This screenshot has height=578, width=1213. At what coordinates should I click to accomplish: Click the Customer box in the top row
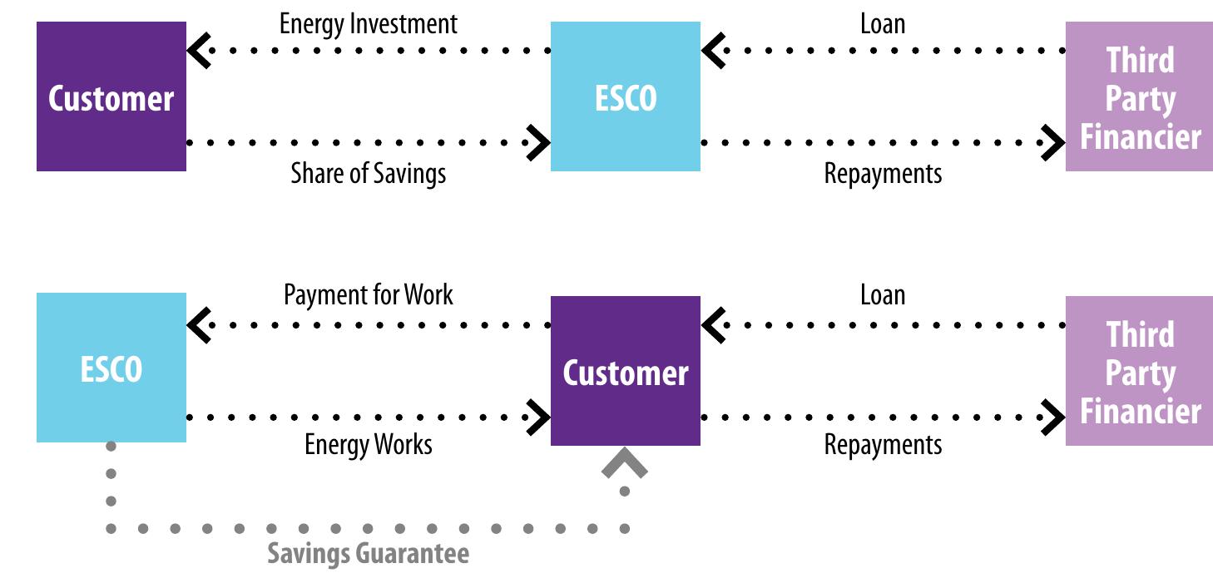[x=111, y=96]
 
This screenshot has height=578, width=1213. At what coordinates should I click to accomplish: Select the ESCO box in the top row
[x=625, y=96]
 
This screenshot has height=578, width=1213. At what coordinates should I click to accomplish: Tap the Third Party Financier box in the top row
[x=1139, y=96]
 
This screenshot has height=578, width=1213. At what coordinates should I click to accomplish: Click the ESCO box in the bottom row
[x=111, y=368]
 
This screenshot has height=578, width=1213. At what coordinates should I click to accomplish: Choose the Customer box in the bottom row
[x=625, y=371]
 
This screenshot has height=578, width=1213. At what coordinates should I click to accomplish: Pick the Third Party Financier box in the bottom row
[x=1139, y=371]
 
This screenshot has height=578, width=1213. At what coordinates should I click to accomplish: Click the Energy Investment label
[x=368, y=23]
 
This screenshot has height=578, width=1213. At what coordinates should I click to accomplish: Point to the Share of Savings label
[x=368, y=173]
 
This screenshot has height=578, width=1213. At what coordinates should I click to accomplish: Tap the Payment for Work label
[x=368, y=294]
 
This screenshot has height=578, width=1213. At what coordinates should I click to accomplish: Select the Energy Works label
[x=368, y=444]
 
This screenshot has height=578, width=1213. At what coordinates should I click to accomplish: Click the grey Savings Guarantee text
[x=368, y=553]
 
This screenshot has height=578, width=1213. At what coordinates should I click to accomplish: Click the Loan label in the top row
[x=882, y=23]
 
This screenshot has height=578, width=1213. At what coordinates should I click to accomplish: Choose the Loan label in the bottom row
[x=882, y=294]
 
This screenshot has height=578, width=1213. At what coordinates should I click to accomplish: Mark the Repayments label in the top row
[x=882, y=173]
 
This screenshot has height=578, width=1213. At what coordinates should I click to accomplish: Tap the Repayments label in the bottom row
[x=882, y=444]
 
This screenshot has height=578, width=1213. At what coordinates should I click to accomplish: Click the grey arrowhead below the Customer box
[x=625, y=464]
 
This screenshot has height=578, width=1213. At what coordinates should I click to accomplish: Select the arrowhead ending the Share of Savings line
[x=540, y=142]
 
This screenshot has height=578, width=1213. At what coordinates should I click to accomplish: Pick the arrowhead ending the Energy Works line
[x=540, y=416]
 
